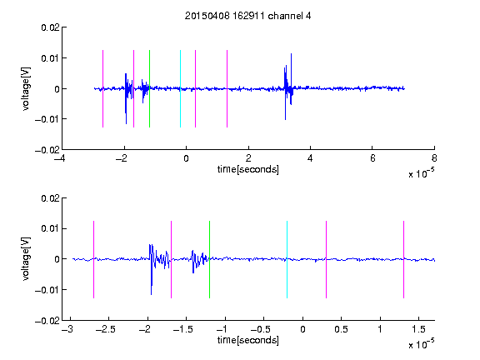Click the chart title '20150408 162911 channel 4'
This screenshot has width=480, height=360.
[x=247, y=16]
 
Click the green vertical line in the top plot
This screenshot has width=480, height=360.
[x=149, y=88]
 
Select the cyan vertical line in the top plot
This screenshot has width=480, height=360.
[x=180, y=88]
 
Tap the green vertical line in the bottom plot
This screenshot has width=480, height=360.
[x=209, y=259]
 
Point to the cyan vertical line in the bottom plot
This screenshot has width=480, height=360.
[x=287, y=259]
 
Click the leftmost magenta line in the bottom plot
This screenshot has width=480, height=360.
[x=93, y=259]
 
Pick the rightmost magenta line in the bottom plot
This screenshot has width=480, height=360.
[x=403, y=259]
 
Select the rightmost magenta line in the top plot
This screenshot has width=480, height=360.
[x=227, y=88]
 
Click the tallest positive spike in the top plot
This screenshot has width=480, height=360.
[x=291, y=54]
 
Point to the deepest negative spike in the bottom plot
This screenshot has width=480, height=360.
[x=151, y=294]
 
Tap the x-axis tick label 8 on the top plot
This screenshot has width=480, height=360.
[x=434, y=158]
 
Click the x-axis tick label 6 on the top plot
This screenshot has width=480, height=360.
[x=372, y=158]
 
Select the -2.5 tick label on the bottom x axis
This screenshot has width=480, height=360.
[x=105, y=329]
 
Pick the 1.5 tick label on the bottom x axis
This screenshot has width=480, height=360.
[x=418, y=329]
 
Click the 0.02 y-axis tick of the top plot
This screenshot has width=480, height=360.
[x=50, y=27]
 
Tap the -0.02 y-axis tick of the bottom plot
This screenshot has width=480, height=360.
[x=47, y=321]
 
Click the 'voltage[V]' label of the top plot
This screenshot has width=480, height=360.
[x=26, y=89]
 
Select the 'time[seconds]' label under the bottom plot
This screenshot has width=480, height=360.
[x=248, y=340]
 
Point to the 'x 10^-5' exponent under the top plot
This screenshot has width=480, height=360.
[x=421, y=172]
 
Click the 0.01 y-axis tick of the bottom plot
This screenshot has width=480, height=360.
[x=50, y=228]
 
